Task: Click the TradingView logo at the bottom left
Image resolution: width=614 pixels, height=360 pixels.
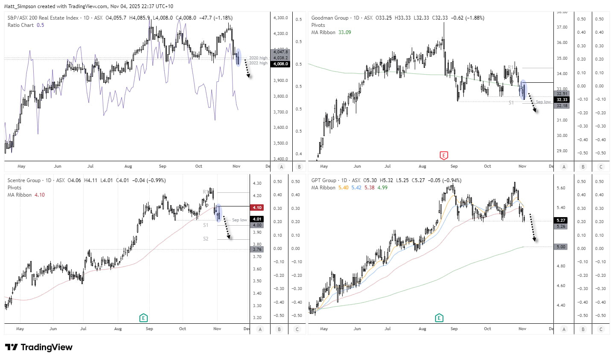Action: [38, 347]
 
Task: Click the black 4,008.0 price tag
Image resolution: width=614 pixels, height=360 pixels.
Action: [281, 64]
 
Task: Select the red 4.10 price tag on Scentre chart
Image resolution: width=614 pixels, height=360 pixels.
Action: [257, 208]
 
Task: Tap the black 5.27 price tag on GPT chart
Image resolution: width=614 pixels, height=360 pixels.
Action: [561, 221]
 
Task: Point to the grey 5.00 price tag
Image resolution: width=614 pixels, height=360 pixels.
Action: [561, 247]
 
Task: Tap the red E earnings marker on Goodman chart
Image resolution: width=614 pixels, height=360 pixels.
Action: [444, 155]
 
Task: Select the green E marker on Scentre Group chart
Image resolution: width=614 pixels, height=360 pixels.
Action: [143, 318]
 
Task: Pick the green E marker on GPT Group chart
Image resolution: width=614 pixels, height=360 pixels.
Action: [439, 318]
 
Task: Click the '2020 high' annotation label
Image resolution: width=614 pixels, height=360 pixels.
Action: [258, 58]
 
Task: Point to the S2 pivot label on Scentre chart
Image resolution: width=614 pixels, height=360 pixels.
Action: [206, 239]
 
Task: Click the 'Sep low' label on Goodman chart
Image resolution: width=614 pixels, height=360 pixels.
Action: [543, 102]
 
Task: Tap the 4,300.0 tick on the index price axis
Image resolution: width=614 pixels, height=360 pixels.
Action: [280, 18]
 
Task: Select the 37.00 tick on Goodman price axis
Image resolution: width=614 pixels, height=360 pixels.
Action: [562, 27]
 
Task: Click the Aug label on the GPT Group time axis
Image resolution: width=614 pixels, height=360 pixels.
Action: [422, 329]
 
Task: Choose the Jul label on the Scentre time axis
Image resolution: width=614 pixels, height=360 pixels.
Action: [83, 329]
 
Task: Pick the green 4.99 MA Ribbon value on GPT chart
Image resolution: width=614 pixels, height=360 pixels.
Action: [382, 188]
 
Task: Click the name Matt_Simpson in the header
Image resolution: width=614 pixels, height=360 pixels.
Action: [20, 6]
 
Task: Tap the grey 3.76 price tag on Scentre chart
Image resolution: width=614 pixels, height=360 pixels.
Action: [257, 250]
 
